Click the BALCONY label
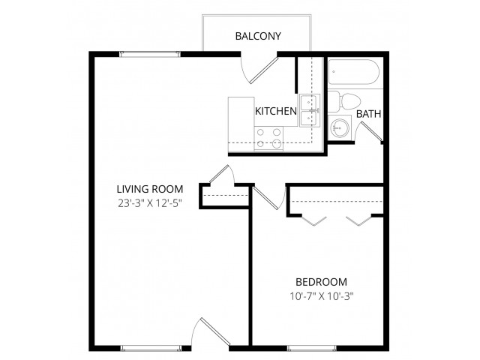coord(258,36)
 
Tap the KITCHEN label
coord(276,111)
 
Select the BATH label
coord(368,114)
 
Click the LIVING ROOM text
coord(150,189)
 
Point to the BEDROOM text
coord(321,282)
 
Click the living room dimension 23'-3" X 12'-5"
coord(150,203)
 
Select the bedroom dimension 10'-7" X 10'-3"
coord(322,296)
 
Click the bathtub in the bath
coord(354,72)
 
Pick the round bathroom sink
coord(340,128)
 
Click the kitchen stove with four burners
coord(268,138)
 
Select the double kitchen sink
coord(310,110)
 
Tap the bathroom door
coord(372,132)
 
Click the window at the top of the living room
coord(150,54)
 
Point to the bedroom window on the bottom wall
coord(311,348)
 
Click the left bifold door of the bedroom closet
coord(314,220)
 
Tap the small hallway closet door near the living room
coord(221,175)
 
